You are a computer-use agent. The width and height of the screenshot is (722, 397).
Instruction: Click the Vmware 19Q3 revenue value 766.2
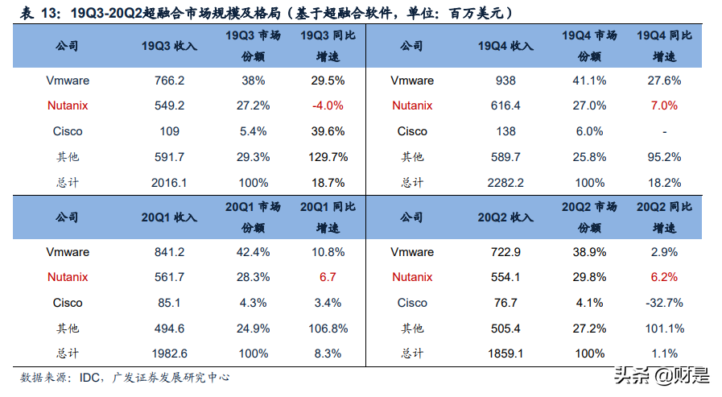(169, 81)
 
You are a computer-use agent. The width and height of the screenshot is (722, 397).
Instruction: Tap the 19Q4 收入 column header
(505, 46)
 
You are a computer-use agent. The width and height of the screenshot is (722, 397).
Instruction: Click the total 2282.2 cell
(505, 183)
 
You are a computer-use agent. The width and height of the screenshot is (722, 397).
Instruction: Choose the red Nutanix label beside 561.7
(68, 277)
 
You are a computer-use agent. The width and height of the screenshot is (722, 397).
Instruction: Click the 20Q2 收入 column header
(505, 217)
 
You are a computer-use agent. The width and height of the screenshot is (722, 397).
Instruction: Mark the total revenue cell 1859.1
(505, 354)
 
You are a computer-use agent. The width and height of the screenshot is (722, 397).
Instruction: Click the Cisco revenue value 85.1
(169, 303)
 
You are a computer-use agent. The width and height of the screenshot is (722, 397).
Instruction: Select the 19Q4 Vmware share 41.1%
(588, 81)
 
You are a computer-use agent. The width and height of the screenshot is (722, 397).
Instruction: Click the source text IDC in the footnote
(89, 378)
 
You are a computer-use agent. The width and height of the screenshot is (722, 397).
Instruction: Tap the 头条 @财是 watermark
(662, 374)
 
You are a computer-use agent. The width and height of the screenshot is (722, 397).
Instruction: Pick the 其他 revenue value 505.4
(505, 329)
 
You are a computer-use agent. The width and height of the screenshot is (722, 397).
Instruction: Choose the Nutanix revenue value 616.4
(505, 105)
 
